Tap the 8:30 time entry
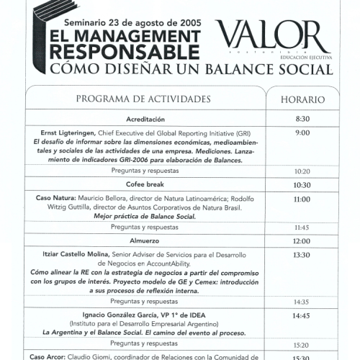302,119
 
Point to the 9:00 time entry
302,132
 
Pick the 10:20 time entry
302,171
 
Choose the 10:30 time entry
302,185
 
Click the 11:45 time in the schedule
302,228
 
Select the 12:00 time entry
302,241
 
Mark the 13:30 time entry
302,255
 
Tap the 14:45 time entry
302,315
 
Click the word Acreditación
146,119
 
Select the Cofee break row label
146,185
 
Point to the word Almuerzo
145,240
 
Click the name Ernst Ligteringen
63,132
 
